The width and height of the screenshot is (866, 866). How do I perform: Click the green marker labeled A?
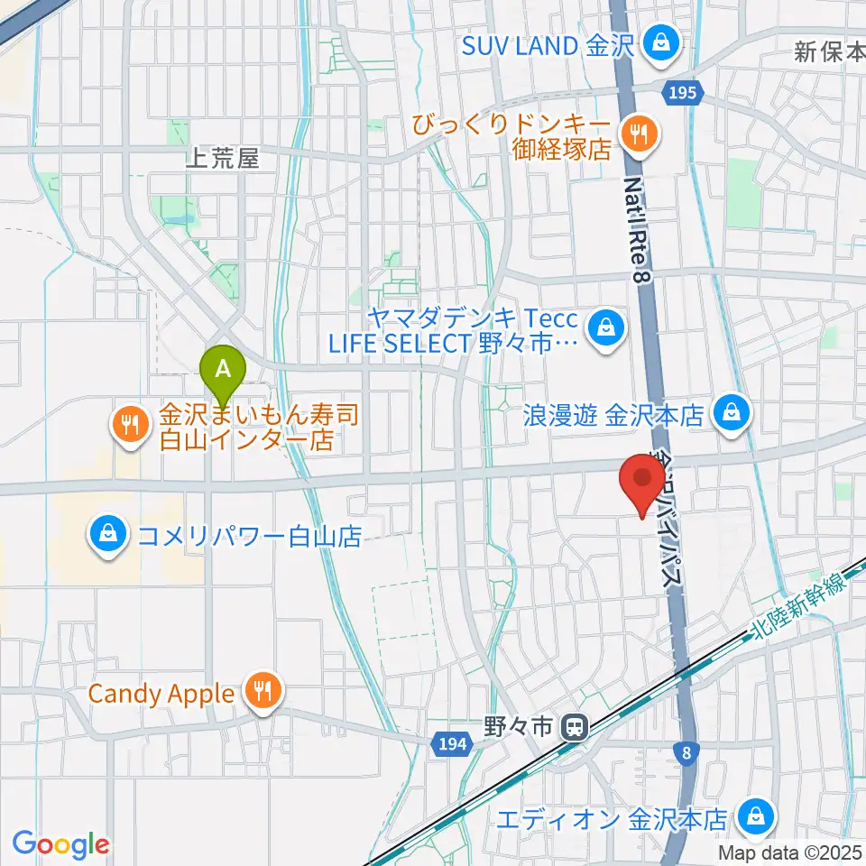click(225, 370)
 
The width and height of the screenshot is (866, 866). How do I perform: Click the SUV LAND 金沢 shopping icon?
click(663, 42)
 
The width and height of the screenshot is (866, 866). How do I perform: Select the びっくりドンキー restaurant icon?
click(640, 135)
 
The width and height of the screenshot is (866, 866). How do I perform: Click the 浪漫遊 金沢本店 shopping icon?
click(729, 414)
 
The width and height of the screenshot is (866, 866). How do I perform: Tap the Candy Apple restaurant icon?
click(263, 694)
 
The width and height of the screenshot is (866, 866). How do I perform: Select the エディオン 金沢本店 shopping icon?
click(753, 818)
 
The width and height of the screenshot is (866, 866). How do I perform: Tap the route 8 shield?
click(688, 751)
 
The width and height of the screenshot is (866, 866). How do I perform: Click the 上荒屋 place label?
click(222, 160)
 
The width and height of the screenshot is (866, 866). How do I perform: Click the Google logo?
click(60, 845)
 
